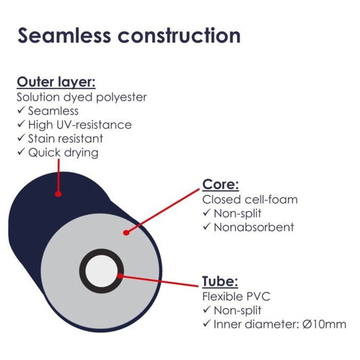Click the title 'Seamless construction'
point(129,35)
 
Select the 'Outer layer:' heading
point(56,82)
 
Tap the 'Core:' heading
point(221,184)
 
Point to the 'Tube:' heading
point(220,281)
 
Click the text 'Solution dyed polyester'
point(82,97)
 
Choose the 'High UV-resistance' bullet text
point(80,125)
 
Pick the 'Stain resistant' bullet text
point(66,138)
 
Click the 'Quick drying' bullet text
point(63,153)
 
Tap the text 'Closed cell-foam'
point(250,199)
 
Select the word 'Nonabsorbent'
point(254,227)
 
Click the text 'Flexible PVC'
point(236,297)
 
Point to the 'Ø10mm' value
point(324,324)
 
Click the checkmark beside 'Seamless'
point(21,110)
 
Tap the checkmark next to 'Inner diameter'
point(207,324)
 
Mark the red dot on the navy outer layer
point(58,195)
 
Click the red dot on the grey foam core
point(126,233)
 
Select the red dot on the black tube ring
point(120,276)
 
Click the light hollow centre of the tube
point(101,271)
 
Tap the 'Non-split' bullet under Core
point(237,213)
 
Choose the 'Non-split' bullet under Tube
point(237,310)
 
